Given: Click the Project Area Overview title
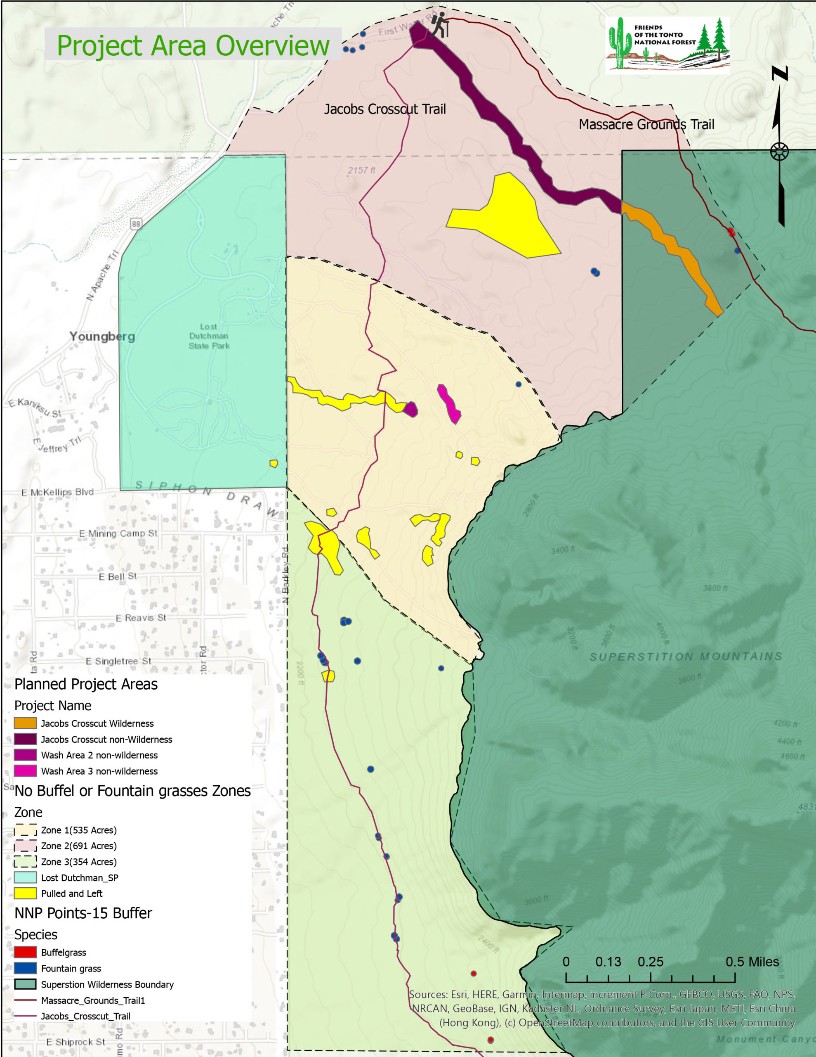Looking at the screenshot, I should [193, 46].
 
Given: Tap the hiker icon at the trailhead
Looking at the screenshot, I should [440, 26].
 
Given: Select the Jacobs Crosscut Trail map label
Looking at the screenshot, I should [384, 109].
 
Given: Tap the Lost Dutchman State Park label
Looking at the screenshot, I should [209, 336].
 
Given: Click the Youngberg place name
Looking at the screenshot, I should [102, 337].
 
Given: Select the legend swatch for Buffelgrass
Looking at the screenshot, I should [25, 952].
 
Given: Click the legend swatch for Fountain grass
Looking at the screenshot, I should [25, 968].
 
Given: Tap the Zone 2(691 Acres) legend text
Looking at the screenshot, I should [79, 846].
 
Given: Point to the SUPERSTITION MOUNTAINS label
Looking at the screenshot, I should [685, 657].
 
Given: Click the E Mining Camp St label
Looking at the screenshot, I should [118, 533].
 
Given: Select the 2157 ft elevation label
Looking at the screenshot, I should [361, 171].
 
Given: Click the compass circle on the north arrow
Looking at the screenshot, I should [779, 152].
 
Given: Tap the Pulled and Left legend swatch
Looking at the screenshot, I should [25, 893].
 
